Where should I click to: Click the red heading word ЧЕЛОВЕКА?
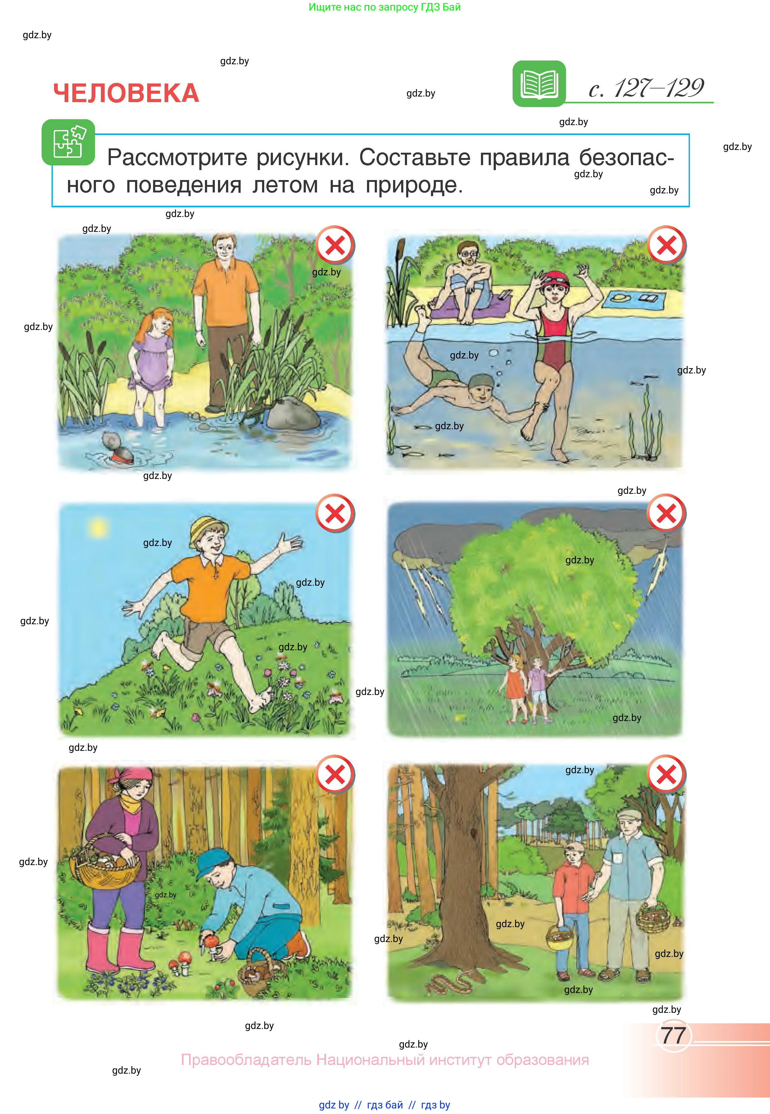126,93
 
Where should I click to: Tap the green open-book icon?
539,83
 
